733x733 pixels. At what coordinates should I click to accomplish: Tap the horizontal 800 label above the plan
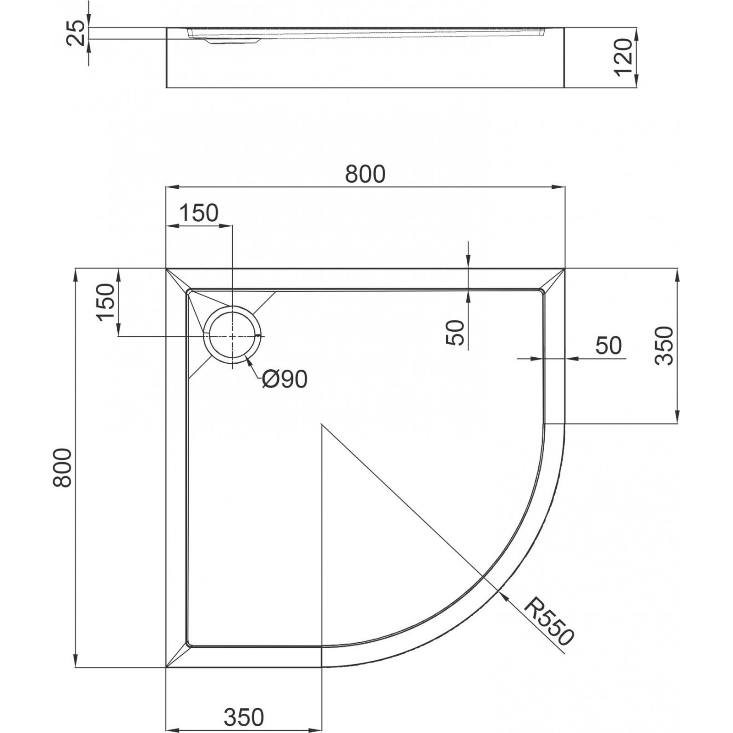click(x=365, y=174)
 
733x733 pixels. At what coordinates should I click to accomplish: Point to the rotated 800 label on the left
click(x=62, y=467)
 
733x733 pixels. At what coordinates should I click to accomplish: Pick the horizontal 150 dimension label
click(x=198, y=213)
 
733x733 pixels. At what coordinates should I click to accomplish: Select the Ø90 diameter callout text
click(x=285, y=379)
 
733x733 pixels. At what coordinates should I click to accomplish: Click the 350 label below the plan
click(x=244, y=717)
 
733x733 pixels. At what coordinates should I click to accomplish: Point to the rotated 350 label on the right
click(x=664, y=345)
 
